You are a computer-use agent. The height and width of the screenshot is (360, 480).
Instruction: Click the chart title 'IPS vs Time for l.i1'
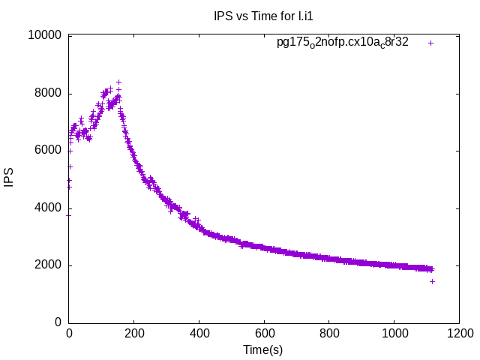click(259, 16)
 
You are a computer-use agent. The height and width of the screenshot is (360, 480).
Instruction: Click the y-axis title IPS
click(9, 179)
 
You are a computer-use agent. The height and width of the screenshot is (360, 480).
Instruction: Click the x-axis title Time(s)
click(263, 349)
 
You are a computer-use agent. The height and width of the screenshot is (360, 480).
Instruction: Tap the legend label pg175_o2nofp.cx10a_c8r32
click(343, 42)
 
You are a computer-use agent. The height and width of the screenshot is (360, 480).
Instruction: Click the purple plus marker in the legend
click(431, 43)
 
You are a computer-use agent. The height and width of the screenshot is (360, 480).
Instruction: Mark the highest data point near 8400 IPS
click(118, 82)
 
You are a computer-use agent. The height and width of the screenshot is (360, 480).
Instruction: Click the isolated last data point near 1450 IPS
click(432, 281)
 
